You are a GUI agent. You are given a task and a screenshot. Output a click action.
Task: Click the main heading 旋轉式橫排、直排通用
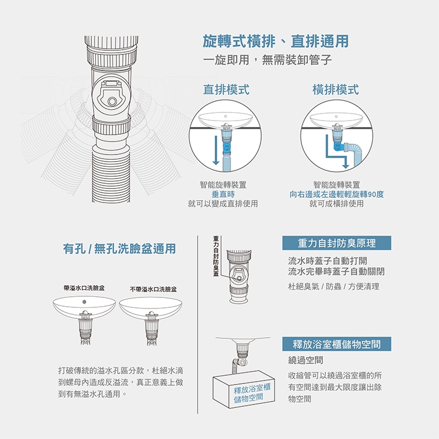pyautogui.click(x=276, y=41)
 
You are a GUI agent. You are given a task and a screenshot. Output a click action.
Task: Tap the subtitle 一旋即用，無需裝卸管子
pyautogui.click(x=267, y=60)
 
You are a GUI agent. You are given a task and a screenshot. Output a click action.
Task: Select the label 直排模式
pyautogui.click(x=226, y=90)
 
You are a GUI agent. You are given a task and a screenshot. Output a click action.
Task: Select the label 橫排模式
pyautogui.click(x=336, y=90)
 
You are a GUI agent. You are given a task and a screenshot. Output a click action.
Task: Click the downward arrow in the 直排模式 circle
pyautogui.click(x=215, y=150)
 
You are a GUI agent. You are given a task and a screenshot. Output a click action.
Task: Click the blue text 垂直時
pyautogui.click(x=223, y=194)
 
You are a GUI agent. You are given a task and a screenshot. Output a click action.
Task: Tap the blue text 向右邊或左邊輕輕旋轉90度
pyautogui.click(x=337, y=194)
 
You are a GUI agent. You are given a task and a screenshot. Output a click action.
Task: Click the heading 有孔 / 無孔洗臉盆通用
pyautogui.click(x=119, y=249)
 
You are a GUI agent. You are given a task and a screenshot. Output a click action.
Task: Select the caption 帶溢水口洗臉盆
pyautogui.click(x=84, y=288)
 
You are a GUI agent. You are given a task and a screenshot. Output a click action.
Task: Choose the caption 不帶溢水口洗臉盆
pyautogui.click(x=153, y=289)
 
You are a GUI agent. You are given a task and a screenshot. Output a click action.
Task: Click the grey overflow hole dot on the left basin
pyautogui.click(x=84, y=302)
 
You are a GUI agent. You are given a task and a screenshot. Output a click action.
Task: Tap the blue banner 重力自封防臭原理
pyautogui.click(x=337, y=243)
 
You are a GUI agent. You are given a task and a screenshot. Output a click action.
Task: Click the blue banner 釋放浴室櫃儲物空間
pyautogui.click(x=337, y=344)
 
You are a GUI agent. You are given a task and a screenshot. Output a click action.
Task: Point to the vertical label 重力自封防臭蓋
pyautogui.click(x=216, y=256)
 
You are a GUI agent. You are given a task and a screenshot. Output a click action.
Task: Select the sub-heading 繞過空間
pyautogui.click(x=306, y=360)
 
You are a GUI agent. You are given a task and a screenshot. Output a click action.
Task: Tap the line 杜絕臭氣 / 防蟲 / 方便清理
pyautogui.click(x=334, y=286)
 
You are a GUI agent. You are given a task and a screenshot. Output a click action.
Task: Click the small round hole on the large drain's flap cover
pyautogui.click(x=112, y=101)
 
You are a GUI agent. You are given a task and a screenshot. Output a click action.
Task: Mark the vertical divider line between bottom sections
pyautogui.click(x=198, y=324)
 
